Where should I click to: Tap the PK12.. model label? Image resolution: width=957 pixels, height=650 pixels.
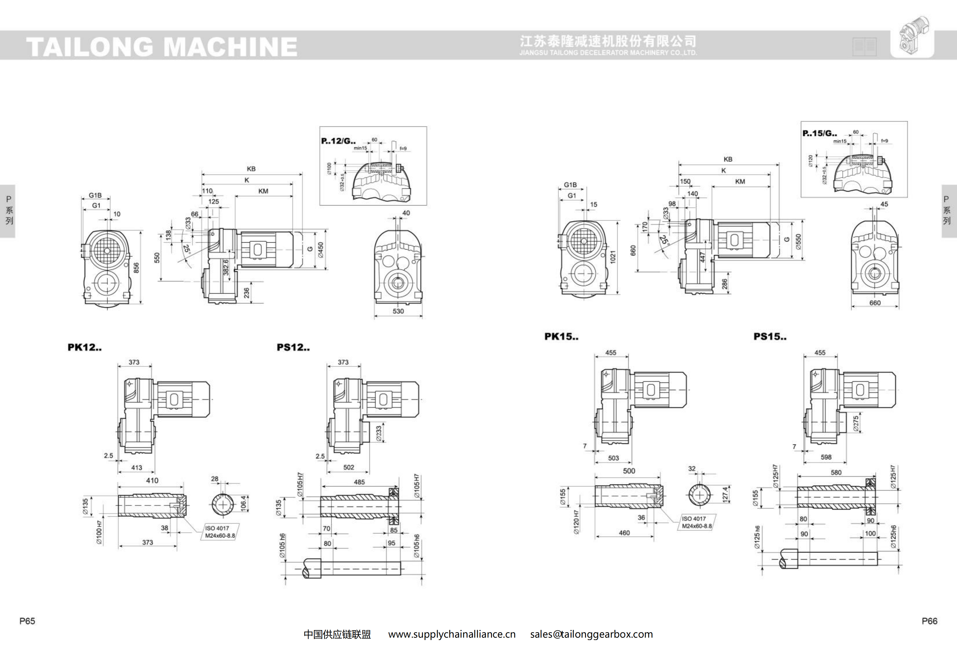84,347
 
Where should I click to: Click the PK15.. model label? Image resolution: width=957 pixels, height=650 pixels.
561,337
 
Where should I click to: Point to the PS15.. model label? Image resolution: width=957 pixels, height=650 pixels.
770,337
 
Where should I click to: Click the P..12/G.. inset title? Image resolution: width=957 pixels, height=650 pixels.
338,141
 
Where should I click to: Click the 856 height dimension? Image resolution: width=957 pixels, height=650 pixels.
136,268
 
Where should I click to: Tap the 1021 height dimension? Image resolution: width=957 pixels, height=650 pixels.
613,257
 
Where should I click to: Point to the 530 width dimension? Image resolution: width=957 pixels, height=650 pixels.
398,311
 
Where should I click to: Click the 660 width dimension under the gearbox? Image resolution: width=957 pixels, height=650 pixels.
875,303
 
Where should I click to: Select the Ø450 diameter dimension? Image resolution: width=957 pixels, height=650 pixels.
321,250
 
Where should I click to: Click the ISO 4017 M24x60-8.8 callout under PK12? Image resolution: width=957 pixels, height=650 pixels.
220,532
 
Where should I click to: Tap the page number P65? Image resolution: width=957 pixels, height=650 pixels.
27,621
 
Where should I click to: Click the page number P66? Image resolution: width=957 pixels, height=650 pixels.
929,621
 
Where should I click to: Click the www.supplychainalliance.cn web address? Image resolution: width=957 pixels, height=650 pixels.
452,634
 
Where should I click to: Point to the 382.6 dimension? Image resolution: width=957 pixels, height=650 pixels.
226,267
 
